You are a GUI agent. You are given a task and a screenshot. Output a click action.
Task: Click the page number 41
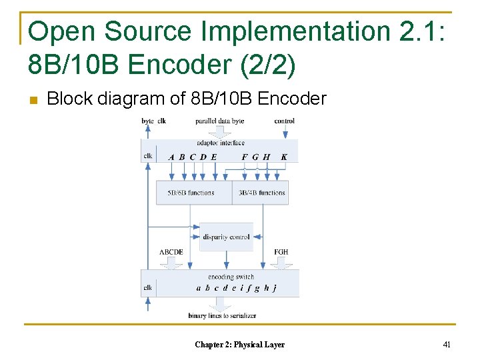(447, 345)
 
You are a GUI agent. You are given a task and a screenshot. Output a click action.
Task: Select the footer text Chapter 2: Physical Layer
(239, 345)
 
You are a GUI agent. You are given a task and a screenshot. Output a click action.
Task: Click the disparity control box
(226, 237)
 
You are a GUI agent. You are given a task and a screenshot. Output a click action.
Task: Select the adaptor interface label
(220, 143)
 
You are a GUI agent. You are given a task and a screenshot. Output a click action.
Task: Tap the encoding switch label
(231, 277)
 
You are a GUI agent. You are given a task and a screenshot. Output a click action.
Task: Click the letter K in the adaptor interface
(285, 157)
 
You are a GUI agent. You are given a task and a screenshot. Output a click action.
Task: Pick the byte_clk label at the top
(153, 121)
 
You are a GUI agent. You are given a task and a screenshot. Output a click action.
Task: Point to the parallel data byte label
(219, 121)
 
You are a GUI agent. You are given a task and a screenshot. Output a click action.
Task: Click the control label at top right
(285, 121)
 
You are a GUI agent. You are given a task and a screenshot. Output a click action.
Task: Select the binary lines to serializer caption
(222, 315)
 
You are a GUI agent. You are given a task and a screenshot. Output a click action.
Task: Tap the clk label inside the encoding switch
(147, 288)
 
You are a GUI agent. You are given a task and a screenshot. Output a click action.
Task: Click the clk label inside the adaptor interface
(147, 157)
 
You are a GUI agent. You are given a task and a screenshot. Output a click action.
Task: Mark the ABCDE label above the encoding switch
(171, 252)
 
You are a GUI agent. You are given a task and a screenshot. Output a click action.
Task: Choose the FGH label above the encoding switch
(281, 252)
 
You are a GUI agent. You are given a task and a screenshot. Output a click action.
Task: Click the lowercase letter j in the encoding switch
(275, 289)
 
